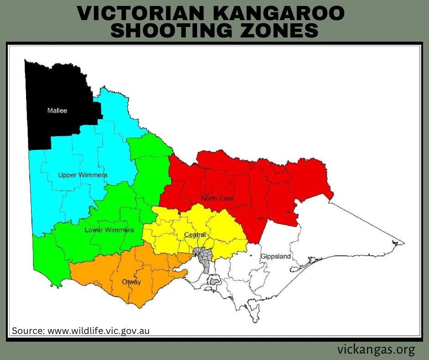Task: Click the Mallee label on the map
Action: click(57, 111)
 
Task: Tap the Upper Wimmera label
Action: click(83, 175)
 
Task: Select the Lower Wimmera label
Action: click(109, 230)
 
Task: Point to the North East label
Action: click(217, 198)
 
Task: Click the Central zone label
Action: click(195, 235)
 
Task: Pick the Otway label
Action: click(131, 282)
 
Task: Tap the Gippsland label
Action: click(275, 256)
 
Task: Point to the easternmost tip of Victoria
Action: click(403, 242)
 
